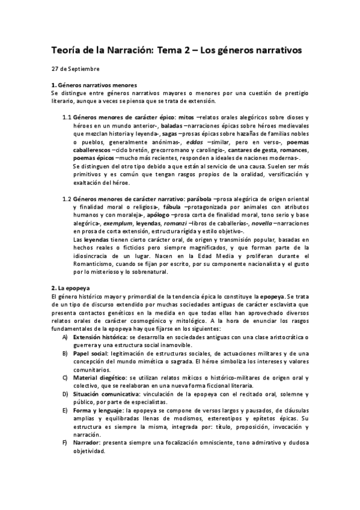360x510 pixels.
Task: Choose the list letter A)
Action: coord(65,337)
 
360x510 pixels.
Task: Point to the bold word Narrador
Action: coord(87,442)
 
